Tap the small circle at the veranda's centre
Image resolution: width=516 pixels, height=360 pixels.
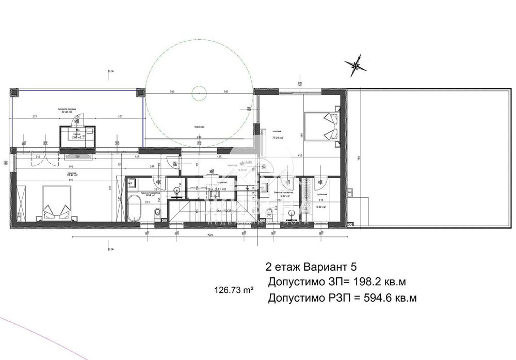click(199, 93)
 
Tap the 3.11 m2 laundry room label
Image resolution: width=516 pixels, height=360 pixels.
click(220, 190)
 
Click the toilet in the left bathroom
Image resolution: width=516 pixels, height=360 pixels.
click(159, 213)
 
